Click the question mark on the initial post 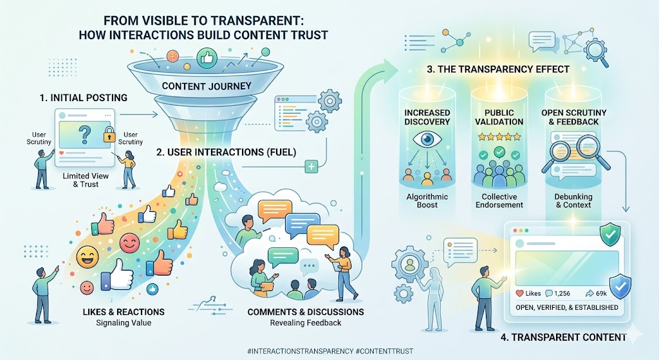pos(85,135)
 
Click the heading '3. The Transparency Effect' pos(498,70)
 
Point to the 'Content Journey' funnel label pos(207,86)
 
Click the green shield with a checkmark pos(609,234)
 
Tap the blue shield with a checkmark pos(619,286)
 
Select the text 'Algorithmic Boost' pos(427,200)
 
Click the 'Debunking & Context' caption pos(573,200)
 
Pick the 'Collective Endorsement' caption pos(499,200)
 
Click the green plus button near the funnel pos(311,167)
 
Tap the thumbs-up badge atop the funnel pos(207,57)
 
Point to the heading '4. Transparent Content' pos(564,337)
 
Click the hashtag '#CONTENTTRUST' pos(384,351)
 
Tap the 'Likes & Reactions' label pos(124,312)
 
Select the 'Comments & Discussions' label pos(306,312)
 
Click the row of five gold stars pos(499,137)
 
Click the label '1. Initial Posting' pos(83,98)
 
